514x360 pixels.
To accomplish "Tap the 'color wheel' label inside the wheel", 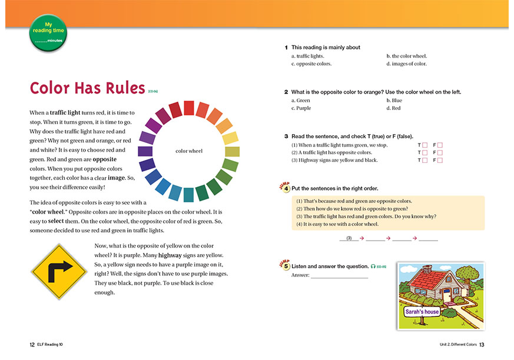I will tap(189, 151).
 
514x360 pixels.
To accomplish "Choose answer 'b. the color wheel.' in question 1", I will tap(406, 56).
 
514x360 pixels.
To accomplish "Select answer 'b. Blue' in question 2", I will tap(394, 100).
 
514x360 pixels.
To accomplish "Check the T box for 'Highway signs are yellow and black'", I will tap(425, 160).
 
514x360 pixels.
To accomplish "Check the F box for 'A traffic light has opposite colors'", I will tap(440, 152).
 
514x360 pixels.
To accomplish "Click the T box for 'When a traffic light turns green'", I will tap(425, 145).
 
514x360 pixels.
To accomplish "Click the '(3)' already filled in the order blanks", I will tap(349, 238).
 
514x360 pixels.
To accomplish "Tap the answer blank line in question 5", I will tap(339, 275).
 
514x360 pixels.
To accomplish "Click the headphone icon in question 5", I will tap(373, 266).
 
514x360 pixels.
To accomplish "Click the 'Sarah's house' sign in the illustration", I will tap(422, 311).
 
